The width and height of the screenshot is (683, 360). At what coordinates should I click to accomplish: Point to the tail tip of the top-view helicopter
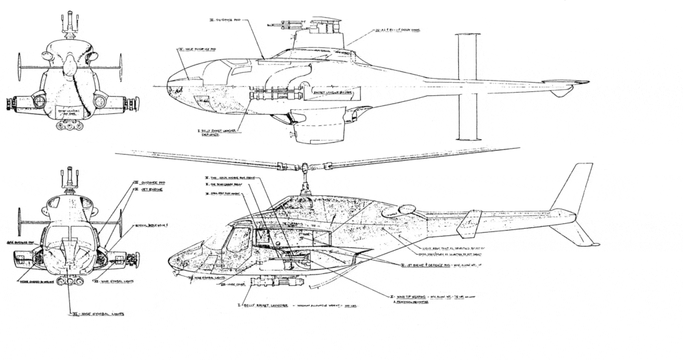point(587,82)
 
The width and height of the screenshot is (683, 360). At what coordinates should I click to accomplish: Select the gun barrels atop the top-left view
point(69,21)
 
